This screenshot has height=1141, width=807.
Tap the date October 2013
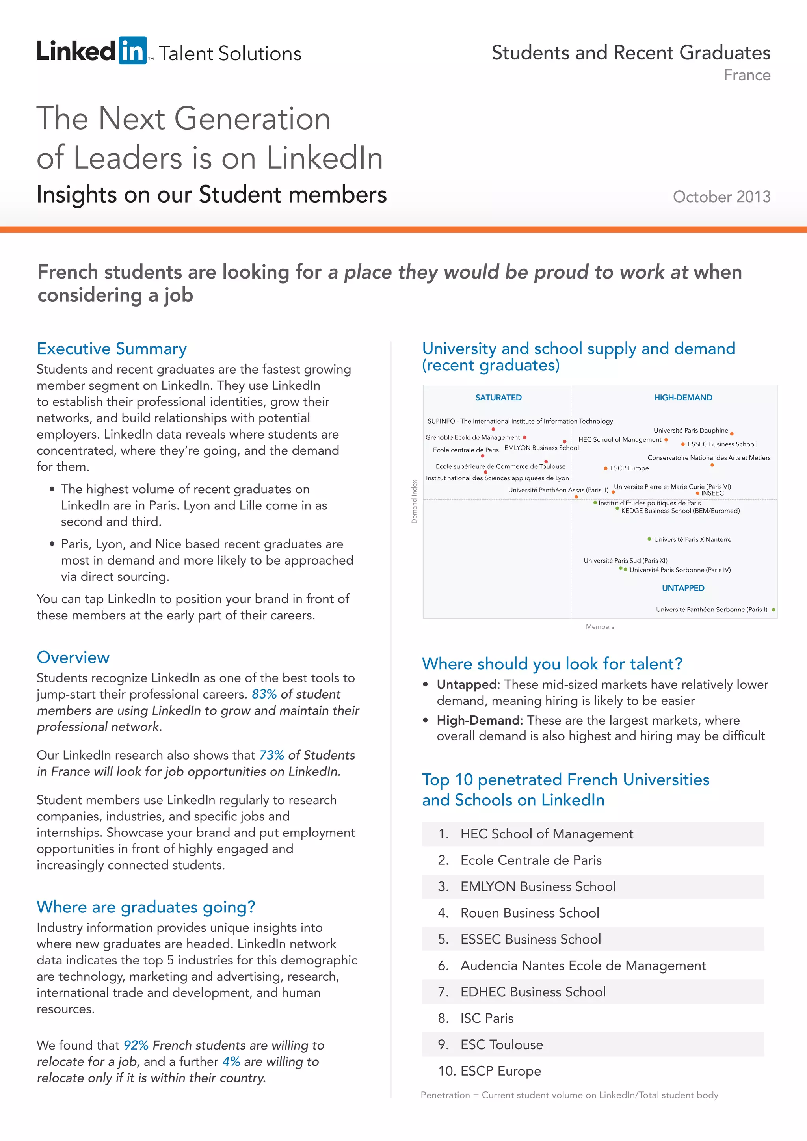pos(721,197)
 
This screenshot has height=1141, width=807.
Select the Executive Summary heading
pos(112,348)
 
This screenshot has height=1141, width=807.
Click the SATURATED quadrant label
pos(498,398)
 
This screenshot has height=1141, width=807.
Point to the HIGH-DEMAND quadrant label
pos(683,398)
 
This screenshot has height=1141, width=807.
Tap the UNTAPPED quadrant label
pos(683,588)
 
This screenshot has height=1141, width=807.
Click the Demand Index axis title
pos(414,502)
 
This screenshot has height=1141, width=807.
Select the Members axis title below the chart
pos(600,627)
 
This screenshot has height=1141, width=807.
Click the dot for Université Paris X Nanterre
pos(649,539)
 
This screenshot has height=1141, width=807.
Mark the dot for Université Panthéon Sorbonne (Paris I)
pos(774,610)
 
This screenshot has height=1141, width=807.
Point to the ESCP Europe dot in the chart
pos(605,468)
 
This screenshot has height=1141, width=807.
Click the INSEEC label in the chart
pos(712,493)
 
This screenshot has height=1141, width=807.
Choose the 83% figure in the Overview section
pos(264,694)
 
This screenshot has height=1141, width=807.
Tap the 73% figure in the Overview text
pos(271,755)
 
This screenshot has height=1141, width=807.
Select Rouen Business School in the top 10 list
pos(529,913)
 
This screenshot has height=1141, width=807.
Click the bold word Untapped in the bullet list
pos(466,685)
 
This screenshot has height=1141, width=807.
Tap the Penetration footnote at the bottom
pos(569,1095)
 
